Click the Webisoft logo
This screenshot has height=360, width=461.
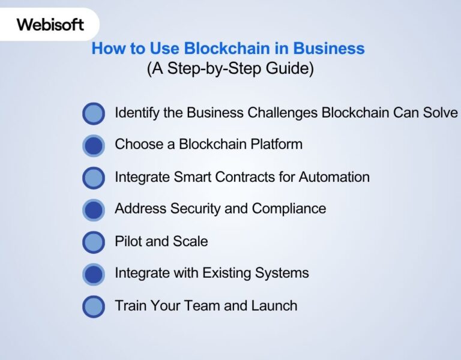50,25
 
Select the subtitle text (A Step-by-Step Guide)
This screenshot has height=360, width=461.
230,68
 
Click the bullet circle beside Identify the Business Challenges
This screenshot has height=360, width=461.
93,113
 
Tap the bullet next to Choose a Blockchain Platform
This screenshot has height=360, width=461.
93,145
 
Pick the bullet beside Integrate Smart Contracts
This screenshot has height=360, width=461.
93,178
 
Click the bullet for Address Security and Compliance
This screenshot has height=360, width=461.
93,209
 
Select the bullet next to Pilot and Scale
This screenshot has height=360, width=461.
93,242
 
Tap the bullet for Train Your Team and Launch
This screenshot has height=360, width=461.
93,306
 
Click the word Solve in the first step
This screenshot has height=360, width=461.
441,112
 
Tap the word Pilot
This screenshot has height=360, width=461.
127,241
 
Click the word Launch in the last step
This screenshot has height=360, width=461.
274,305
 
